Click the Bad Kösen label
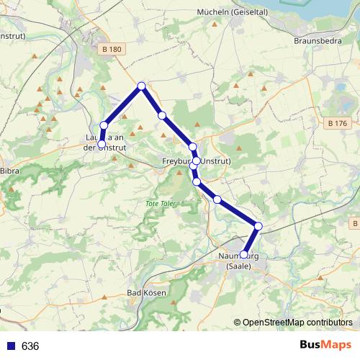[146, 293]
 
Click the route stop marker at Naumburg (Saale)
[244, 255]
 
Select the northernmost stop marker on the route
[142, 86]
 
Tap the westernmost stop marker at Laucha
[102, 144]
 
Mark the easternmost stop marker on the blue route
[258, 227]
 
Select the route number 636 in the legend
[30, 346]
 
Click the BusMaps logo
[325, 345]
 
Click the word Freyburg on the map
[177, 161]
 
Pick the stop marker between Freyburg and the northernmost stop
[162, 115]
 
